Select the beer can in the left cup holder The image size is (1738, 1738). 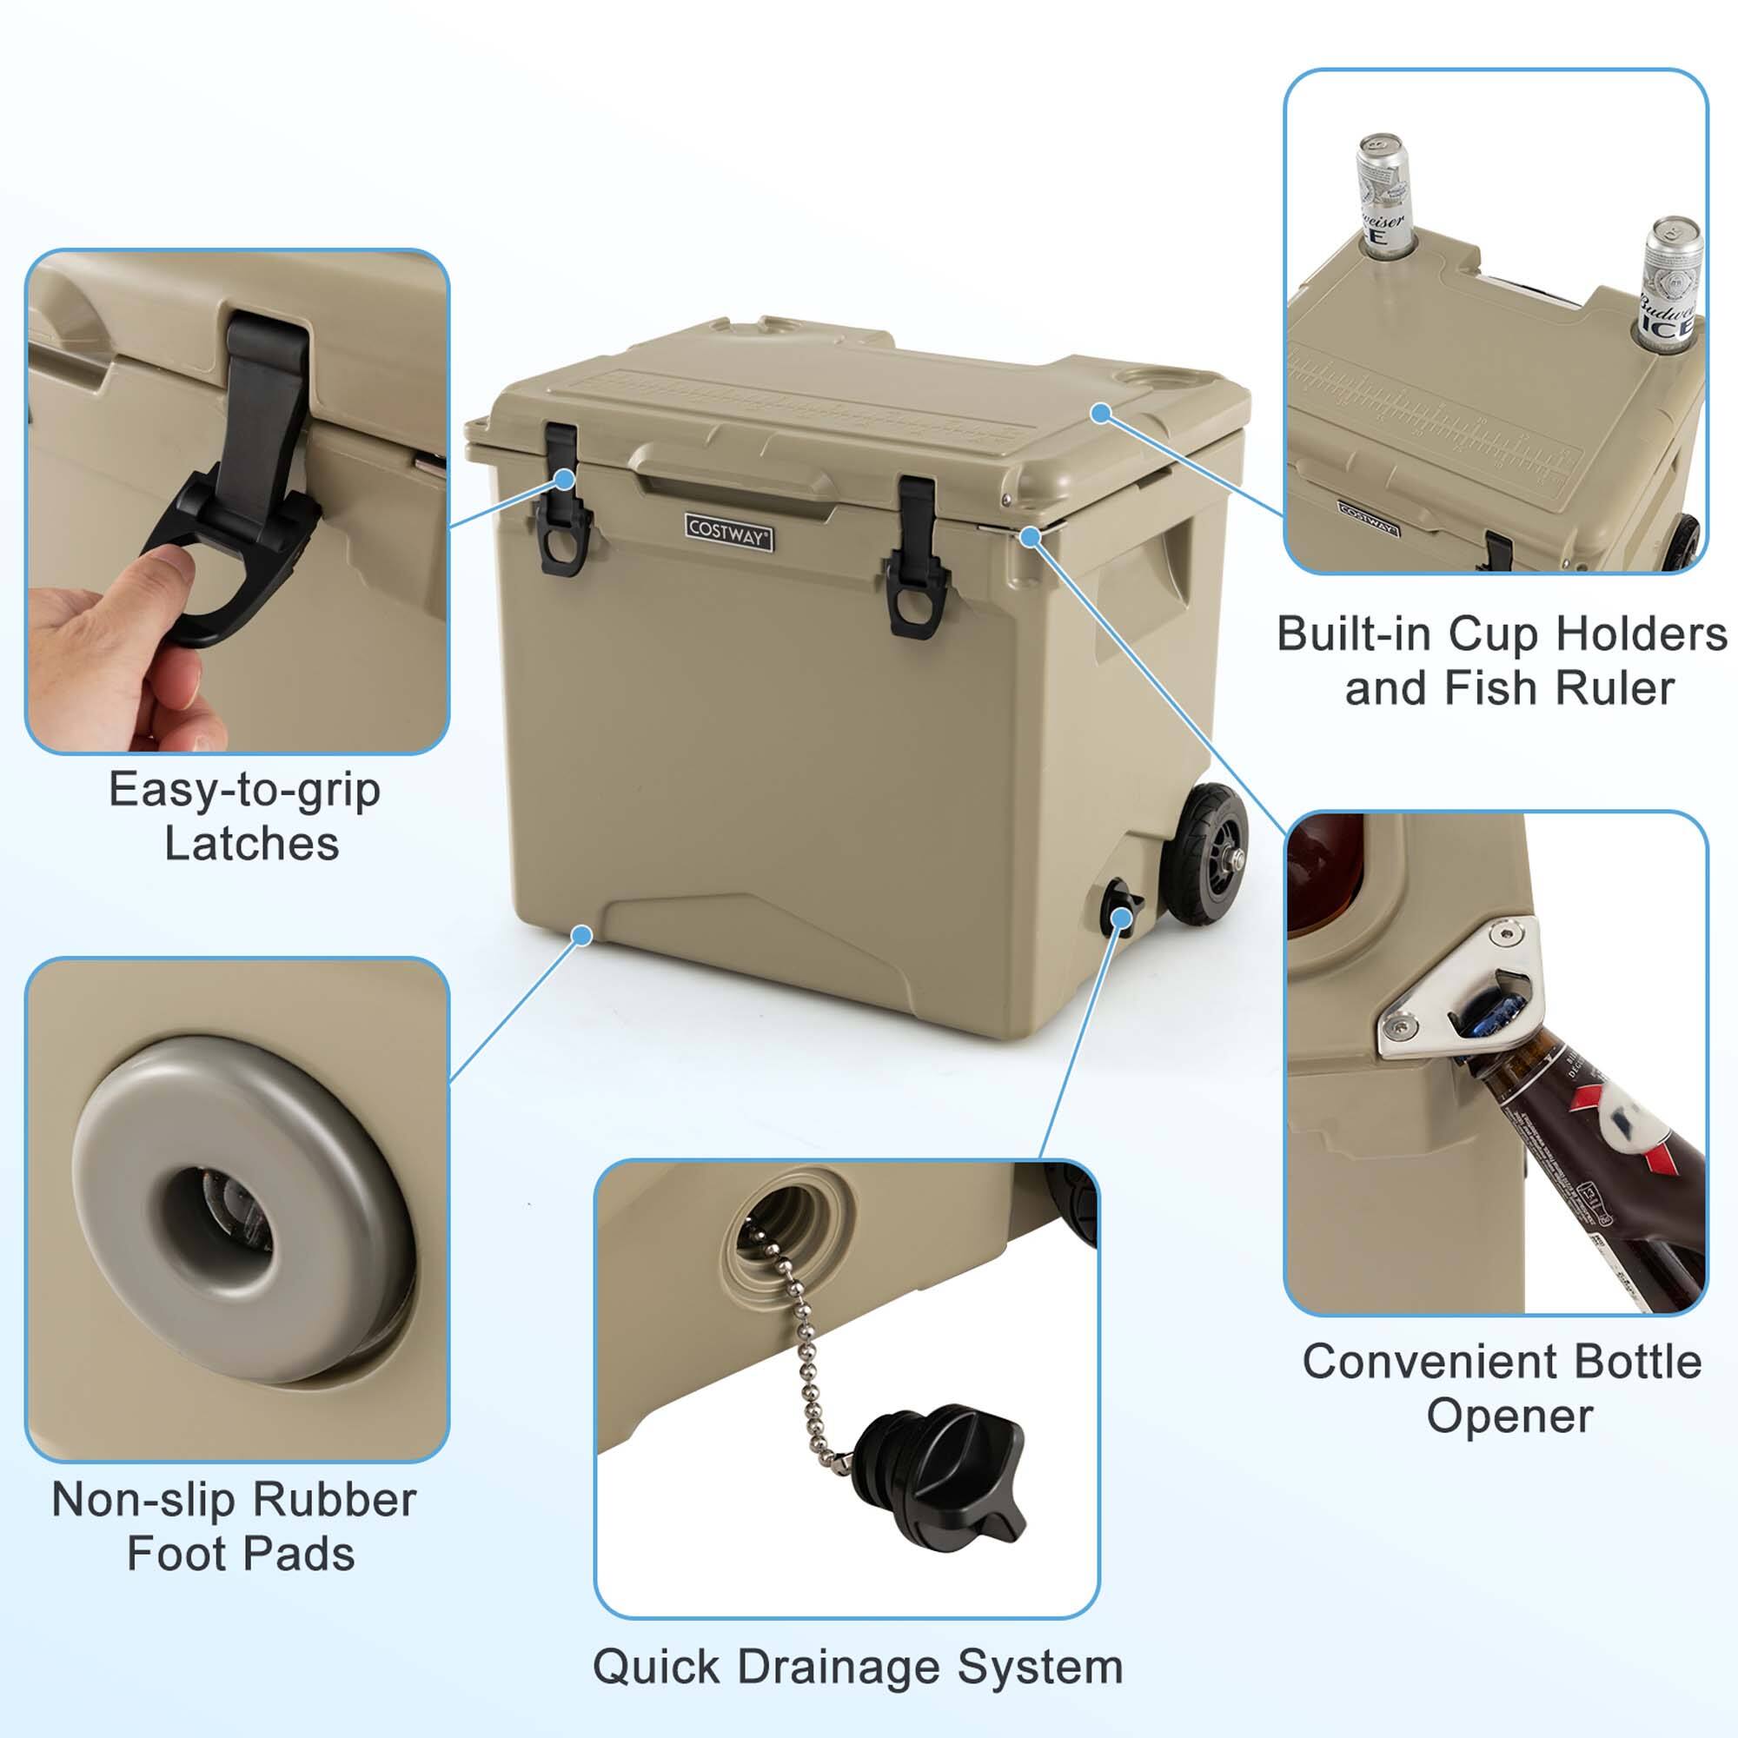pos(1382,194)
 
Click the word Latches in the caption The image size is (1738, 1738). pos(252,844)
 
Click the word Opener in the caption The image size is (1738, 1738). pos(1509,1415)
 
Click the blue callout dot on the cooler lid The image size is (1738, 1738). pos(1100,413)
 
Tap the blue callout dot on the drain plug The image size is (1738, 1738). pos(1121,917)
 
